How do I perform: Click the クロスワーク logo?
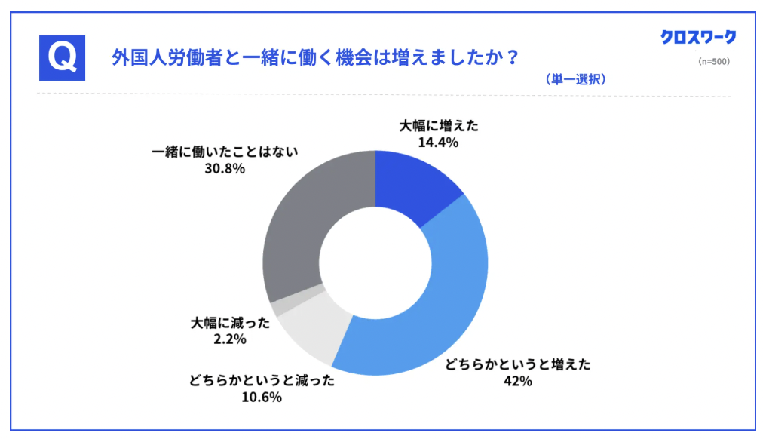[697, 36]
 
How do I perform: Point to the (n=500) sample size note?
[713, 61]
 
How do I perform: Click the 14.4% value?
[439, 141]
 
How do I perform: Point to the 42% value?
[517, 381]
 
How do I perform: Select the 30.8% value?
[225, 168]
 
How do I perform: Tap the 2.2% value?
[230, 339]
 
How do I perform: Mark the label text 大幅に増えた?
[439, 125]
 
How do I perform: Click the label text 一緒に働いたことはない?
[225, 152]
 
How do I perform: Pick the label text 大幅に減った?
[230, 324]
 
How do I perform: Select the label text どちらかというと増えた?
[517, 365]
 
